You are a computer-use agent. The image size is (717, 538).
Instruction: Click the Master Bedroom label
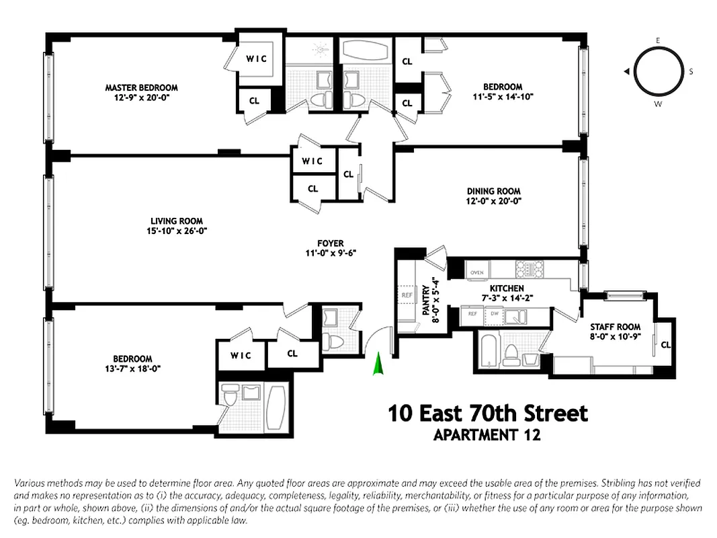(141, 87)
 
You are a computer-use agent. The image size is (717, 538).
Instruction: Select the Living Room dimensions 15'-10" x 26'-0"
(177, 231)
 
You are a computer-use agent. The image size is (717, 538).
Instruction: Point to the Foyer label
(331, 243)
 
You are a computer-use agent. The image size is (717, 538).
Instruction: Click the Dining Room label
(493, 191)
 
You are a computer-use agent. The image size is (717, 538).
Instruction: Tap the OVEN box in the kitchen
(476, 272)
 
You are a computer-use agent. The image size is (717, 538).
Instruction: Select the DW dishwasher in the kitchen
(494, 313)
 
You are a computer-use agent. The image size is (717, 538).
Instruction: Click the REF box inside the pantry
(407, 295)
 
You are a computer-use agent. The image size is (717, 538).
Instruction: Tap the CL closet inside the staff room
(665, 344)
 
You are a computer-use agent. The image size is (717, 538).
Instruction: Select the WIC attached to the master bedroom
(256, 59)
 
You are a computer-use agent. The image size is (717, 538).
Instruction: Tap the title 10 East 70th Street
(487, 413)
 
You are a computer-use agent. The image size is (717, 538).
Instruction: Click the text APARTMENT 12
(487, 434)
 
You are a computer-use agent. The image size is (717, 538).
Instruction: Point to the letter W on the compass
(657, 104)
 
